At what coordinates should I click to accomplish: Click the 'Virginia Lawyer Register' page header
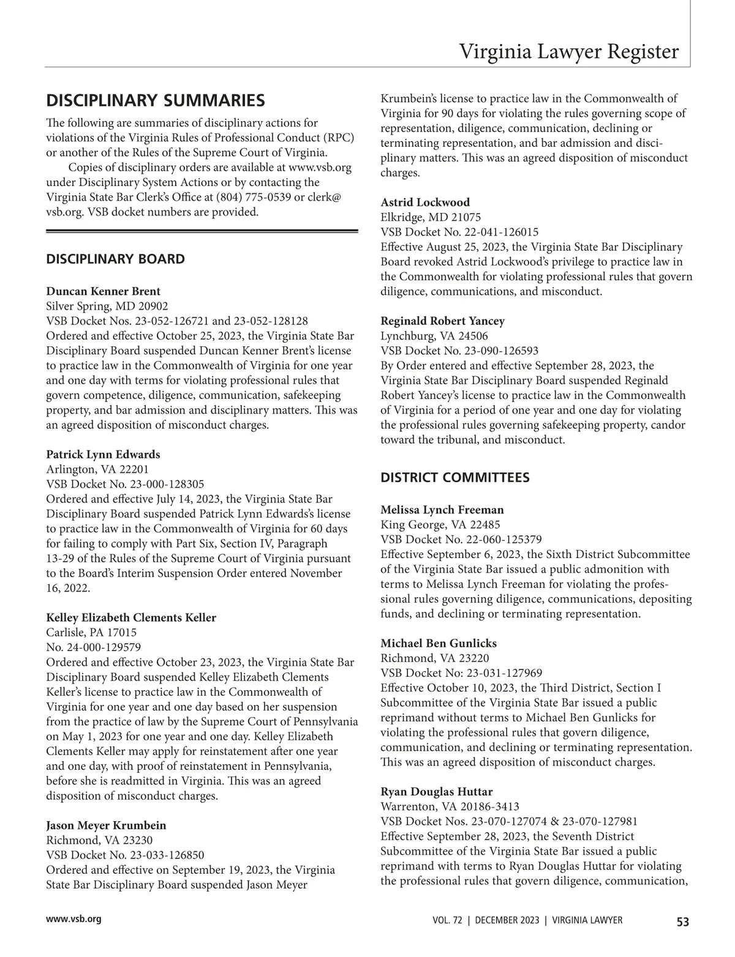[x=568, y=51]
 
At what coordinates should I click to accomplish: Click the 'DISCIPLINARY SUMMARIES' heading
[x=156, y=100]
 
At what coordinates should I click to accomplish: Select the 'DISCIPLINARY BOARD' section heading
[x=115, y=259]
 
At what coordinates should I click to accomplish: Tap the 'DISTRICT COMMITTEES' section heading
[x=455, y=477]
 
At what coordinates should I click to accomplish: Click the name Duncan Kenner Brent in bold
[x=103, y=291]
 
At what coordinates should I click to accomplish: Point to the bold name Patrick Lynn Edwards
[x=103, y=454]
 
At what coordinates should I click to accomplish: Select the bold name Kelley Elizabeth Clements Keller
[x=131, y=617]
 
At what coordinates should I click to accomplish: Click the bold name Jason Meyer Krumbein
[x=106, y=825]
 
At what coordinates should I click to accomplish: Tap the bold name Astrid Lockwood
[x=425, y=202]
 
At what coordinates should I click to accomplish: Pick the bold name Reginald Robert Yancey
[x=442, y=321]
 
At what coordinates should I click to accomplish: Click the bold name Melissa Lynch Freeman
[x=442, y=510]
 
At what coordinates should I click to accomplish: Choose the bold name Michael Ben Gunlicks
[x=439, y=643]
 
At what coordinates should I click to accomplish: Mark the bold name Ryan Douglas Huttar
[x=436, y=792]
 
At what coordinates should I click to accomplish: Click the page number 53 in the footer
[x=682, y=922]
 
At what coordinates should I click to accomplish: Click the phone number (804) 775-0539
[x=254, y=197]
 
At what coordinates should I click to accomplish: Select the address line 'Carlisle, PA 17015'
[x=91, y=632]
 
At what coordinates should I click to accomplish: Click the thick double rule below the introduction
[x=202, y=231]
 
